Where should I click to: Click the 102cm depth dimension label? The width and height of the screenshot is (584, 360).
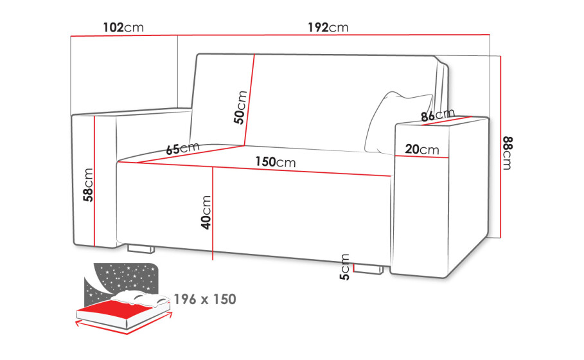pos(123,27)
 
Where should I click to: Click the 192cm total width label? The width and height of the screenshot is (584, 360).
pos(328,27)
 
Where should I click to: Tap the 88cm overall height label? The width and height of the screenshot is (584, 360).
pos(508,153)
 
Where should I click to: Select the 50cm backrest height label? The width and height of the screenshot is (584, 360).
pos(240,107)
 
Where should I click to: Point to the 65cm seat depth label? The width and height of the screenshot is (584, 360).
pos(183,148)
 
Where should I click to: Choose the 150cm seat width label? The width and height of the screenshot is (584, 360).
pos(275,162)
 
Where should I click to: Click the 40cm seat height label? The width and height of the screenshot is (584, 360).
pos(206,212)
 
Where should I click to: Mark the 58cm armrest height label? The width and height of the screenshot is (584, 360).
pos(88,185)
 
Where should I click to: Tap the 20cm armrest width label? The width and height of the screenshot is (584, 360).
pos(422,149)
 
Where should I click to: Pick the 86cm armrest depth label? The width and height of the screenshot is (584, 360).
pos(438,115)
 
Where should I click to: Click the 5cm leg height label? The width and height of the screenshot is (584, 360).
pos(345,267)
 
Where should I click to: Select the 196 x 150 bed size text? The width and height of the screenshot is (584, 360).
pos(205,300)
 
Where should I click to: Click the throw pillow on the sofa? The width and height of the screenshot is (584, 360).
pos(398,123)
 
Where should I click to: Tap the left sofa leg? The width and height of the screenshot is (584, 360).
pos(141,249)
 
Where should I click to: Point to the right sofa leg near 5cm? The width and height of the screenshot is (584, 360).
pos(368,269)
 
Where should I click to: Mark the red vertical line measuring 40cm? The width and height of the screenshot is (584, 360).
pos(212,213)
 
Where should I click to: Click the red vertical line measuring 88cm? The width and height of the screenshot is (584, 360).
pos(500,147)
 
